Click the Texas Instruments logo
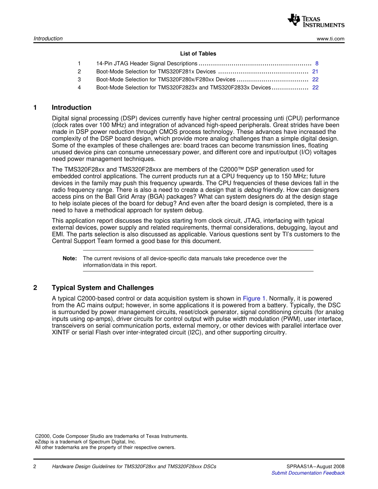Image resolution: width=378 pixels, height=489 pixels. click(316, 20)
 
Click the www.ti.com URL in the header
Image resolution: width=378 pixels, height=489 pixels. click(330, 39)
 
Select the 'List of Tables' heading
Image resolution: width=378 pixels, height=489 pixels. click(198, 54)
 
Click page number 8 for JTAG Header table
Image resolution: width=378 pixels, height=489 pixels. click(317, 64)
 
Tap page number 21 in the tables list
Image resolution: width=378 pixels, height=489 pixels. click(315, 72)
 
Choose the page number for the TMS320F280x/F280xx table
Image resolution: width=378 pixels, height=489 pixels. click(315, 80)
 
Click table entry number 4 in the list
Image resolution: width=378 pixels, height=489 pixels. click(80, 87)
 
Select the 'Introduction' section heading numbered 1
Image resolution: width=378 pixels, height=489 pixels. click(71, 108)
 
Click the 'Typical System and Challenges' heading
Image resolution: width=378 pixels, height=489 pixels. click(103, 288)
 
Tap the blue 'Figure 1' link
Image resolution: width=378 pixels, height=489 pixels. click(254, 299)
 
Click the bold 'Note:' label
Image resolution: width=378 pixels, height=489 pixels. click(70, 258)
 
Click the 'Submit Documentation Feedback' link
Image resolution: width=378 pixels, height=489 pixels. click(308, 473)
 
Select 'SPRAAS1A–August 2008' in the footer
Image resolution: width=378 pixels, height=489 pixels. click(315, 466)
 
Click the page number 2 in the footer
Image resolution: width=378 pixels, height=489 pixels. click(35, 466)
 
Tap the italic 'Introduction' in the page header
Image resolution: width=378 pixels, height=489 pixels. click(48, 39)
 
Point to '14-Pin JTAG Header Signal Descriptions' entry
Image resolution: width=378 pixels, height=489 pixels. click(146, 64)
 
